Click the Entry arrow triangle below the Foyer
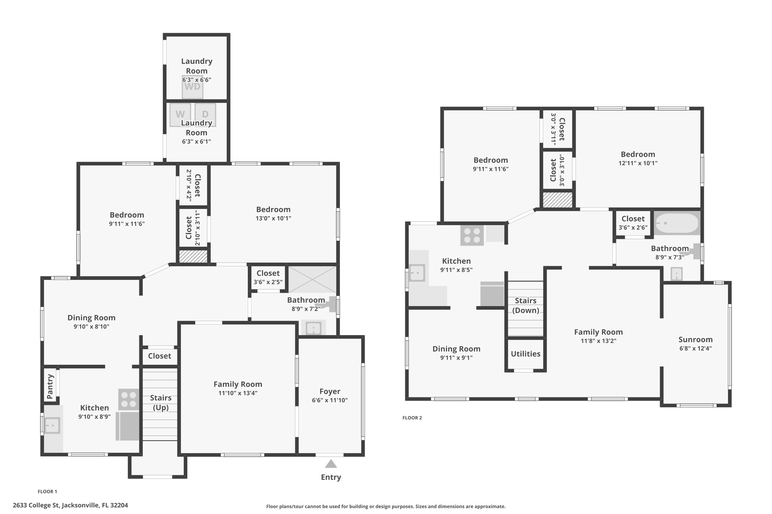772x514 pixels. pyautogui.click(x=331, y=464)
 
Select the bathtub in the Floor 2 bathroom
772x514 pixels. pyautogui.click(x=677, y=223)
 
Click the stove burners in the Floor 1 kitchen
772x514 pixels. pyautogui.click(x=129, y=399)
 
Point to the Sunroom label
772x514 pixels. pyautogui.click(x=695, y=339)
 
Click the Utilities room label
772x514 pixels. pyautogui.click(x=525, y=354)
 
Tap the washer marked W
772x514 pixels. pyautogui.click(x=180, y=114)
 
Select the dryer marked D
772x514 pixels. pyautogui.click(x=205, y=114)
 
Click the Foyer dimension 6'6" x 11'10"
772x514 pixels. pyautogui.click(x=330, y=400)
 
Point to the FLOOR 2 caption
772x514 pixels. pyautogui.click(x=412, y=418)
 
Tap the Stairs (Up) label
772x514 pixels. pyautogui.click(x=161, y=403)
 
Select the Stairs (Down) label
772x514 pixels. pyautogui.click(x=525, y=305)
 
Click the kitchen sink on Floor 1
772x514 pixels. pyautogui.click(x=52, y=426)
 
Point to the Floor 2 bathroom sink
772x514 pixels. pyautogui.click(x=677, y=274)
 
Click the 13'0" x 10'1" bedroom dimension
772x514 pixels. pyautogui.click(x=273, y=218)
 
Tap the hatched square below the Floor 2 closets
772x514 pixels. pyautogui.click(x=558, y=200)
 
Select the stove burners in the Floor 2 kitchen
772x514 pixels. pyautogui.click(x=472, y=235)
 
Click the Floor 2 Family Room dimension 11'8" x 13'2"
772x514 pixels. pyautogui.click(x=598, y=341)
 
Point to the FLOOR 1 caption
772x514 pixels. pyautogui.click(x=47, y=491)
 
